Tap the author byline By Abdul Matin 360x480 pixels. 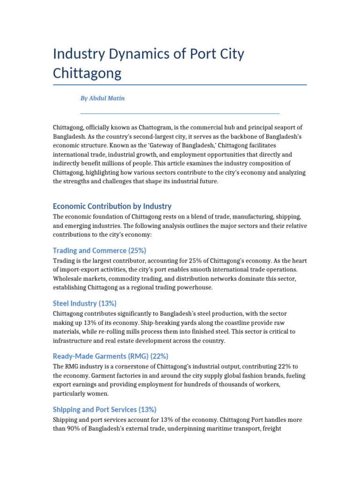pyautogui.click(x=103, y=98)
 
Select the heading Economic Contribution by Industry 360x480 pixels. pyautogui.click(x=112, y=206)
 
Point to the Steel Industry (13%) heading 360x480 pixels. pyautogui.click(x=85, y=303)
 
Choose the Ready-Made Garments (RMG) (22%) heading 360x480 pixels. pyautogui.click(x=111, y=356)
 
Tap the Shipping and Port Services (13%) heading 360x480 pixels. pyautogui.click(x=105, y=409)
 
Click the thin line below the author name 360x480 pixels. pyautogui.click(x=180, y=113)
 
